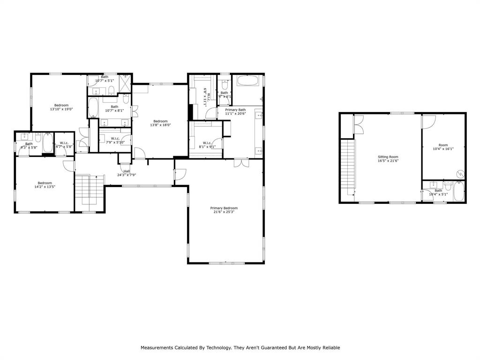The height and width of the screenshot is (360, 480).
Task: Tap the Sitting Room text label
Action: point(388,159)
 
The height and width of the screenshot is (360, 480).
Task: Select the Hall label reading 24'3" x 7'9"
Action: point(127,173)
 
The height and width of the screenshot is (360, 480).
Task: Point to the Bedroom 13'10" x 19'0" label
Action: point(61,107)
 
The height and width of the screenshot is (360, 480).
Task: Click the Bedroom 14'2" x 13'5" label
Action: point(45,185)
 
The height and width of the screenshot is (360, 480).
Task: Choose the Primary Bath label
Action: point(235,112)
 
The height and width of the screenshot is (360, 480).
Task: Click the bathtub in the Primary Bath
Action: point(247,80)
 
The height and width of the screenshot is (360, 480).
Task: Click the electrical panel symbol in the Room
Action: point(460,174)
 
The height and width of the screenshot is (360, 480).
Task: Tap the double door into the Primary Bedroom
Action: point(241,163)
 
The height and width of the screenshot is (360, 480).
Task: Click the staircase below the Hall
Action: point(89,190)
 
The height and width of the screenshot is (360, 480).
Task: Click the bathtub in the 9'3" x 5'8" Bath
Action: point(47,143)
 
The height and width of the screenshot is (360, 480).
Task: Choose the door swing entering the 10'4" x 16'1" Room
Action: point(428,121)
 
